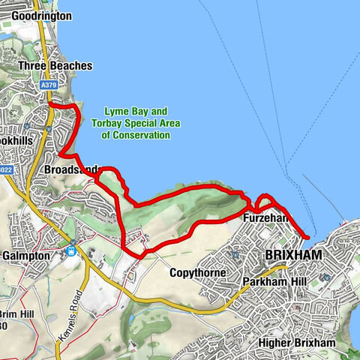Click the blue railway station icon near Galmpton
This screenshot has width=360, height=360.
(x=70, y=251)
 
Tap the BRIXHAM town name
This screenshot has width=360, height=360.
(x=294, y=256)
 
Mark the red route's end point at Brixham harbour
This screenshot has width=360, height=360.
(x=307, y=238)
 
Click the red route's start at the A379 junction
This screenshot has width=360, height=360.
(x=51, y=107)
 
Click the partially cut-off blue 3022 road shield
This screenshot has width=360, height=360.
(x=4, y=170)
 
